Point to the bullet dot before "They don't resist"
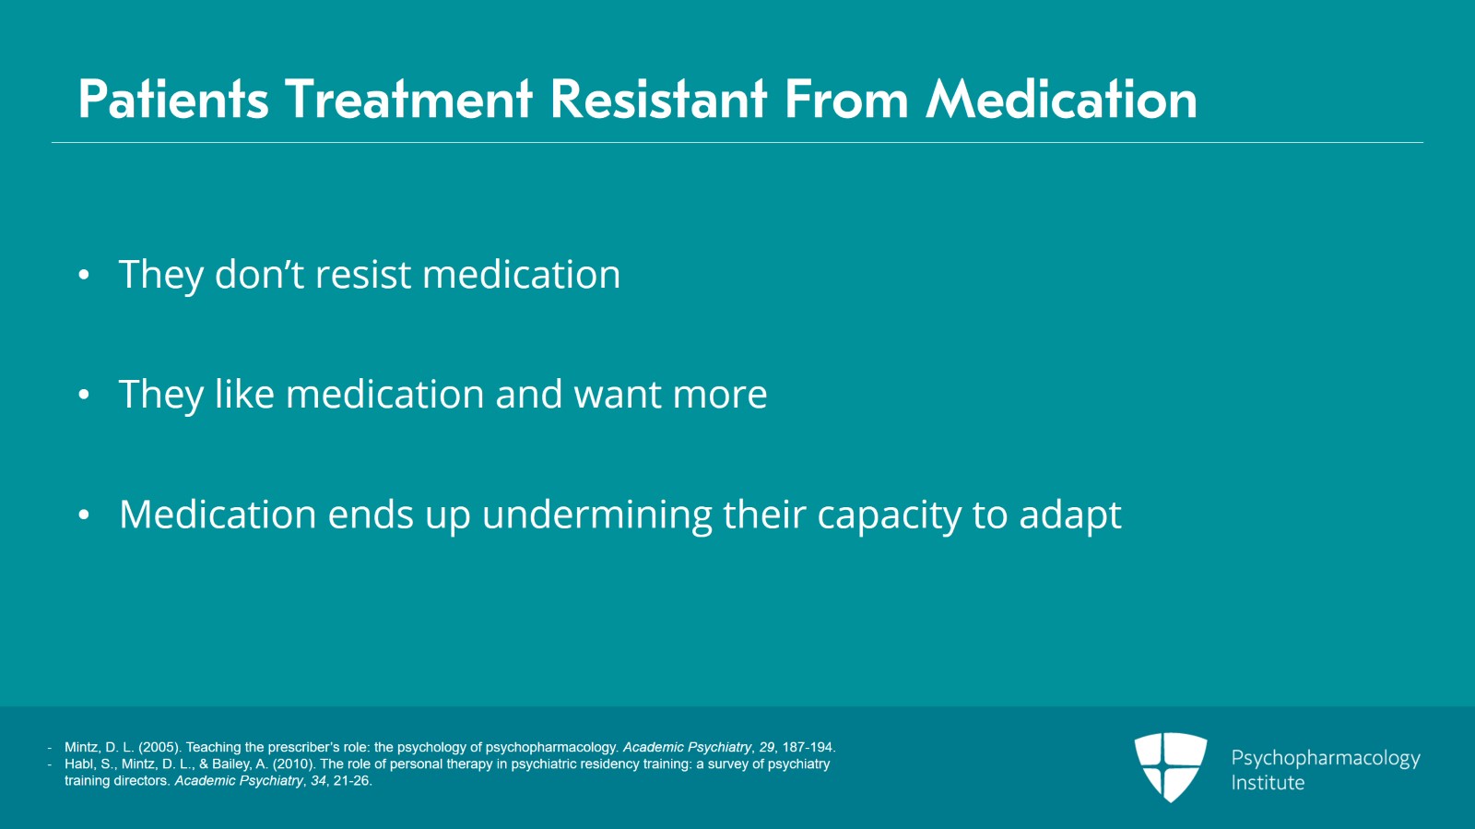84,275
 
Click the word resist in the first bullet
363,274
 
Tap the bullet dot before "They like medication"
84,395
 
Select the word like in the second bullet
244,394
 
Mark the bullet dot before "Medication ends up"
84,515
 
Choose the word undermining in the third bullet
596,515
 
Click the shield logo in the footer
1171,766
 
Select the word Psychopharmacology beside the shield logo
1326,759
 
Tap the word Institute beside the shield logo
1268,782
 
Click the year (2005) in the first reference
160,747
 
